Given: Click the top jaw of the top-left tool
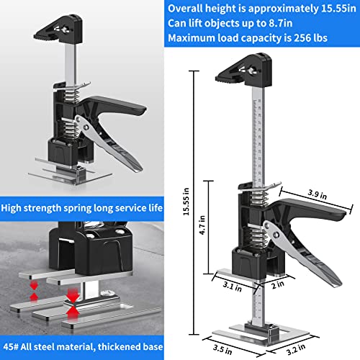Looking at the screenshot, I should coord(61,30).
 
